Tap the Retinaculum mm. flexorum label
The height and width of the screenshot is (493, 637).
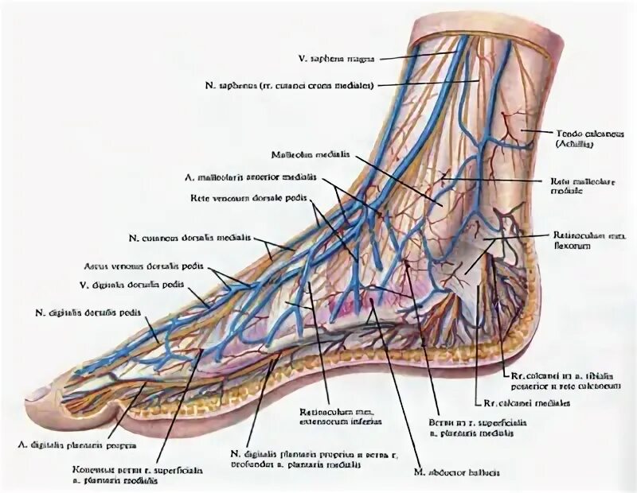(x=586, y=240)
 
